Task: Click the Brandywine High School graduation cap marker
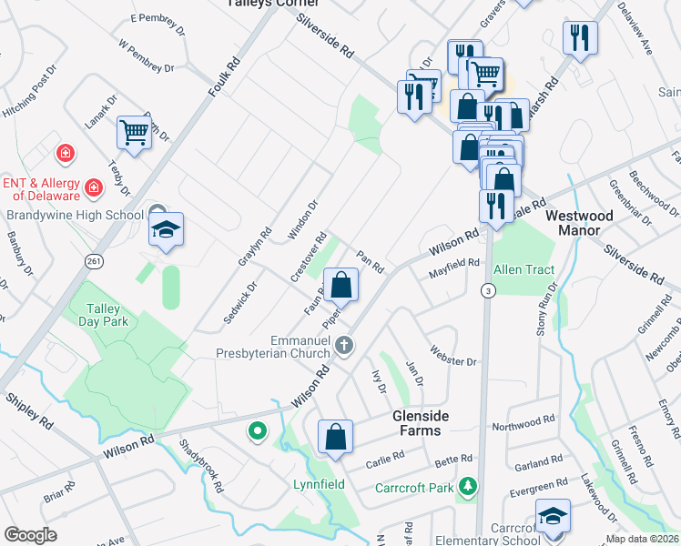pyautogui.click(x=167, y=229)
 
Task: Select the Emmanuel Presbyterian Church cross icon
pyautogui.click(x=343, y=345)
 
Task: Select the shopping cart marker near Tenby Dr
pyautogui.click(x=134, y=132)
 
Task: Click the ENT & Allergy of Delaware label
pyautogui.click(x=41, y=189)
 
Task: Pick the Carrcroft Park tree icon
pyautogui.click(x=468, y=487)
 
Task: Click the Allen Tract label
pyautogui.click(x=523, y=270)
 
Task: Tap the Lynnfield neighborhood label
pyautogui.click(x=319, y=484)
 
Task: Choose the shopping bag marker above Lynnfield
pyautogui.click(x=336, y=437)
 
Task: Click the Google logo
pyautogui.click(x=30, y=535)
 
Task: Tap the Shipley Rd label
pyautogui.click(x=28, y=410)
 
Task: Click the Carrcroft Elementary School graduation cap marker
pyautogui.click(x=553, y=516)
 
